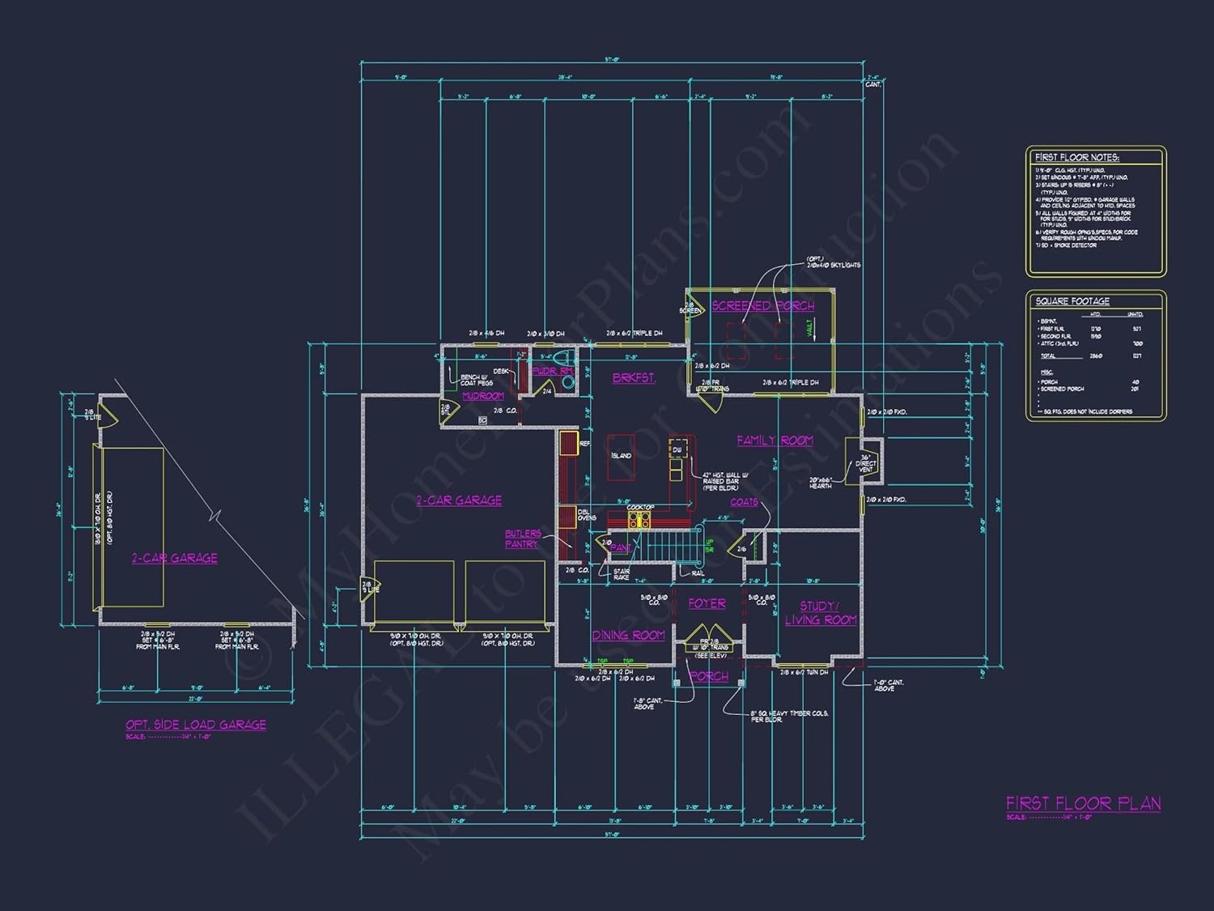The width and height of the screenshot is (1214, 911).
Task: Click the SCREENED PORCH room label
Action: click(x=762, y=306)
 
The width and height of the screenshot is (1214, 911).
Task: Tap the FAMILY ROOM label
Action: click(x=775, y=441)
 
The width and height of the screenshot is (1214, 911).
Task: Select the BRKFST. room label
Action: click(x=634, y=378)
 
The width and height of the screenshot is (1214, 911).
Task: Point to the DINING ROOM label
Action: click(x=628, y=636)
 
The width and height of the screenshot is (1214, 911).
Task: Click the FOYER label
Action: click(x=707, y=604)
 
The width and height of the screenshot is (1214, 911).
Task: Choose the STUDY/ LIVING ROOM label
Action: click(x=820, y=613)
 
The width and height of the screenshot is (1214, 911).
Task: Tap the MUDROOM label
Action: click(x=483, y=396)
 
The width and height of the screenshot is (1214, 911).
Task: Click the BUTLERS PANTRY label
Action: click(x=523, y=539)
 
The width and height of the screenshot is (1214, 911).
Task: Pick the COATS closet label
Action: click(x=744, y=502)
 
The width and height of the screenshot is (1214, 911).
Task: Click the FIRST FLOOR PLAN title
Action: click(x=1083, y=803)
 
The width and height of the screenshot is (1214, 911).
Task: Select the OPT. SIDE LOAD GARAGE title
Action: click(x=196, y=725)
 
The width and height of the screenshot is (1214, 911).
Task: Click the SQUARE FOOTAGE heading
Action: click(x=1072, y=301)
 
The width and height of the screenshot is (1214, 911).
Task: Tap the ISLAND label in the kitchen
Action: click(x=621, y=456)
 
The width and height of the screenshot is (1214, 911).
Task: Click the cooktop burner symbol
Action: click(x=640, y=520)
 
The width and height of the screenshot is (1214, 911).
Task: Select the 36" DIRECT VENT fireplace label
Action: click(x=865, y=463)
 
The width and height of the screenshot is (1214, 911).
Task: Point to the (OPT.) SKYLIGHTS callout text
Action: click(x=833, y=262)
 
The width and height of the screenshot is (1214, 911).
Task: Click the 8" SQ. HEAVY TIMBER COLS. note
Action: click(x=789, y=717)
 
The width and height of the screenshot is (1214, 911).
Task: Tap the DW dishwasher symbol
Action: click(x=677, y=449)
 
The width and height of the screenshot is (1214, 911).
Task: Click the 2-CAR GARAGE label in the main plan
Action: click(x=459, y=500)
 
